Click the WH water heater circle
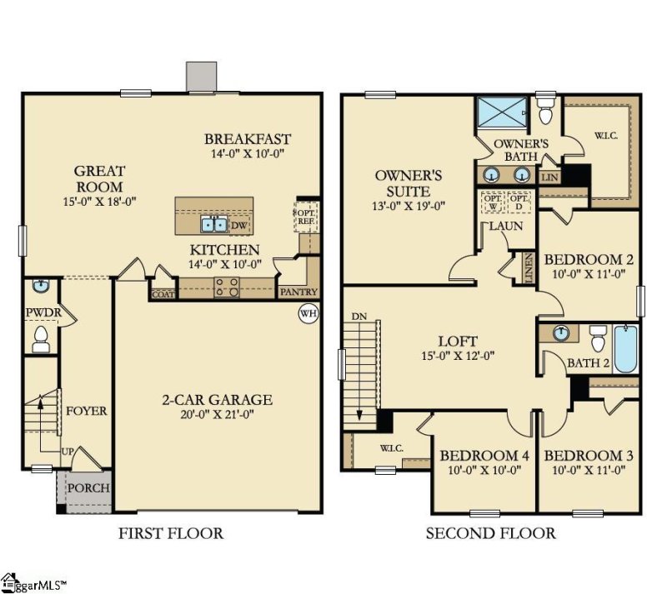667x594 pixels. (308, 313)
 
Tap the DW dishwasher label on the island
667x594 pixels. (239, 225)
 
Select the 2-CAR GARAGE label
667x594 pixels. (217, 400)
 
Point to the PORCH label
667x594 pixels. (88, 487)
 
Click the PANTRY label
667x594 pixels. (298, 292)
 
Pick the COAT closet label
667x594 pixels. (162, 293)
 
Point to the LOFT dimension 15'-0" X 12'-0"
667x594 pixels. (458, 357)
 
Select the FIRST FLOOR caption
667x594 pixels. (171, 533)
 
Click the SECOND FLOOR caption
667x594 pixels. (490, 533)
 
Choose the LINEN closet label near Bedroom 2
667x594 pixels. (529, 267)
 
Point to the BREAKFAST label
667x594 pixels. (248, 139)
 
